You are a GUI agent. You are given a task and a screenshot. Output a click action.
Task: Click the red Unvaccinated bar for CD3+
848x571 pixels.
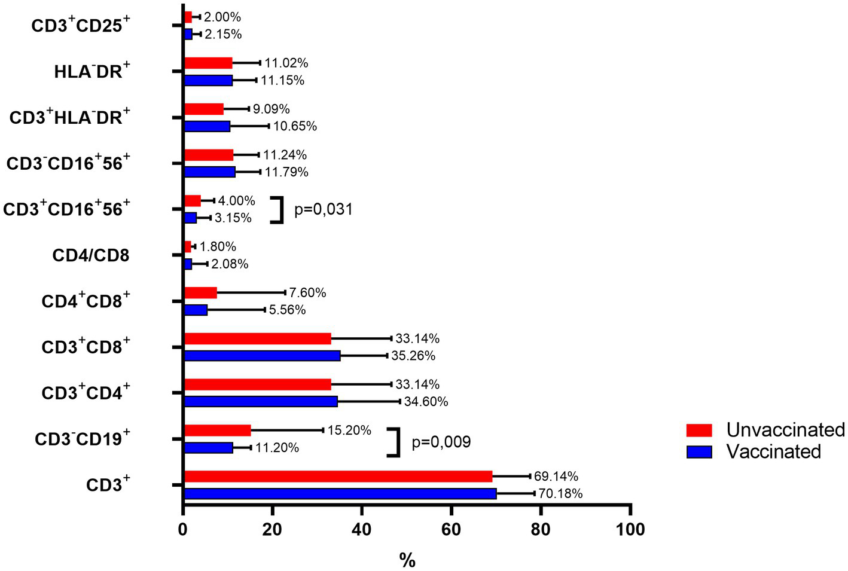(x=338, y=477)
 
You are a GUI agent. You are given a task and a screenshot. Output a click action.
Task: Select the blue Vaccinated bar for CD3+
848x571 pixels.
(x=340, y=494)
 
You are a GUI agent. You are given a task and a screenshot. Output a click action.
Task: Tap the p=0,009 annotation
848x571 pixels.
(x=441, y=442)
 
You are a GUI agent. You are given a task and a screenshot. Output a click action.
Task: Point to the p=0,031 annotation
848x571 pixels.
(x=324, y=210)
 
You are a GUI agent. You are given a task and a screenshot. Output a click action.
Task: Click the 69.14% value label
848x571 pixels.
(x=556, y=477)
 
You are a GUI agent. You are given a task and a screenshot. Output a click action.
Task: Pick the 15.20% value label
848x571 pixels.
(x=349, y=430)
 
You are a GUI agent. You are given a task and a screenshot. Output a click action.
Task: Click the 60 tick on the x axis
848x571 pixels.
(x=452, y=529)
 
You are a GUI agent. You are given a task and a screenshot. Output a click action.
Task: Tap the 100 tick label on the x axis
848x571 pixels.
(x=630, y=529)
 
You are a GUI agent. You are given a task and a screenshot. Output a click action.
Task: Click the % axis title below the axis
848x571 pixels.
(x=407, y=560)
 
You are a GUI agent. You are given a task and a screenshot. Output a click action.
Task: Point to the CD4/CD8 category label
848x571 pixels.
(x=91, y=256)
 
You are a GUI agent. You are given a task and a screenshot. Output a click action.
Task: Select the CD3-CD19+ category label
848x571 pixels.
(x=83, y=439)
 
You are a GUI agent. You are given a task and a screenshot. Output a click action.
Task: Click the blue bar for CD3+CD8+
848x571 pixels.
(x=262, y=356)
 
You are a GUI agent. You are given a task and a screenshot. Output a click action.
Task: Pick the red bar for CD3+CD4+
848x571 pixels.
(x=257, y=384)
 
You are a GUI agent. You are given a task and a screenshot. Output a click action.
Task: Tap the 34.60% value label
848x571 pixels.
(x=426, y=402)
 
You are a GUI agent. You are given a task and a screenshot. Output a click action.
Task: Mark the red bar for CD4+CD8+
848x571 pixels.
(x=200, y=293)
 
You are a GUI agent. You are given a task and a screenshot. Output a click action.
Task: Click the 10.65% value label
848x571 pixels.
(x=295, y=126)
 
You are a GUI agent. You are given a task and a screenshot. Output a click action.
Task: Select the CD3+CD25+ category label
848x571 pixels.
(x=81, y=26)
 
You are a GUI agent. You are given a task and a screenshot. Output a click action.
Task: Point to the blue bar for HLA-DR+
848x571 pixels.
(x=208, y=81)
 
